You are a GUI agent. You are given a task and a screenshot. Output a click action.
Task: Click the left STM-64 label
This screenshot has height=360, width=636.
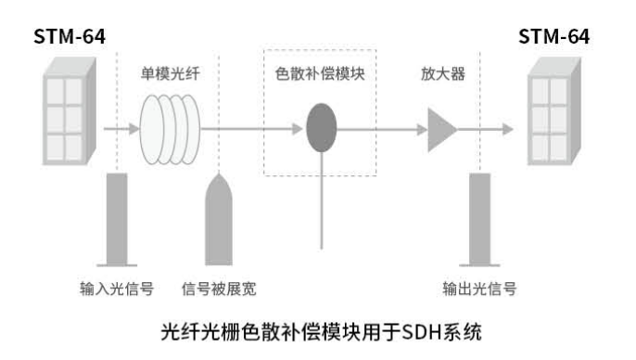70,37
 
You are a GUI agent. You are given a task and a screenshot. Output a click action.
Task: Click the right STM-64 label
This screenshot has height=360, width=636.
553,37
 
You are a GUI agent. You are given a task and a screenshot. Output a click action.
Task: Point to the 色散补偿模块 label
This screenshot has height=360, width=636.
321,71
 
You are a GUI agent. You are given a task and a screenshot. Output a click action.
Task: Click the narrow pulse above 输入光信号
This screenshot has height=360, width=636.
118,219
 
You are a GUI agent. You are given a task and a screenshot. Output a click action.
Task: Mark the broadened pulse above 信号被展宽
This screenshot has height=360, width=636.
219,219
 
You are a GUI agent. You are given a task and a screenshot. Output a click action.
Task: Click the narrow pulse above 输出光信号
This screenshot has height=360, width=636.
479,219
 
